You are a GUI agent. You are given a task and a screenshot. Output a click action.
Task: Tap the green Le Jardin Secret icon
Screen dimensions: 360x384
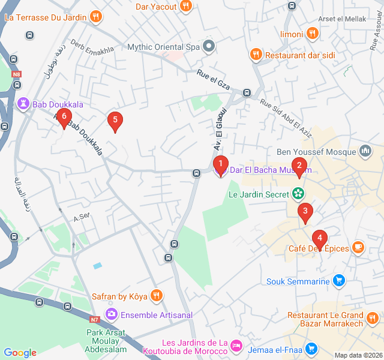(x=297, y=194)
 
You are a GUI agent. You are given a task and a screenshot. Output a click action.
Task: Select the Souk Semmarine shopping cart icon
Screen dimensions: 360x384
(x=339, y=281)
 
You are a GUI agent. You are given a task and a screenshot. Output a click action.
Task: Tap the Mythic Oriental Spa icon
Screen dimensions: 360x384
(x=209, y=46)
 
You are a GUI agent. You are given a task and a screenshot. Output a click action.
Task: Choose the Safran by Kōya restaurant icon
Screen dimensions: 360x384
(x=156, y=296)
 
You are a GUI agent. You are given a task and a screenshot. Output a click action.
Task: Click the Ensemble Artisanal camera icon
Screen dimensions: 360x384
(x=111, y=314)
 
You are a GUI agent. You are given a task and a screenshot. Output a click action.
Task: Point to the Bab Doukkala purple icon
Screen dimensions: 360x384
(x=23, y=104)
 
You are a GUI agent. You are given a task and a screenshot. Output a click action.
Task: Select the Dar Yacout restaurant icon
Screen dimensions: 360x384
(x=186, y=7)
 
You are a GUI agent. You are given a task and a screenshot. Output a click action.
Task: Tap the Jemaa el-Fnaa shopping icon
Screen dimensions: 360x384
(x=311, y=348)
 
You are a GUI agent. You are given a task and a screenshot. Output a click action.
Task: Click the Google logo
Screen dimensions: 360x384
(x=20, y=353)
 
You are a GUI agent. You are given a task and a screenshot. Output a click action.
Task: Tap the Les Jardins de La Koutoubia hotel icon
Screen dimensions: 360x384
(x=236, y=346)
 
